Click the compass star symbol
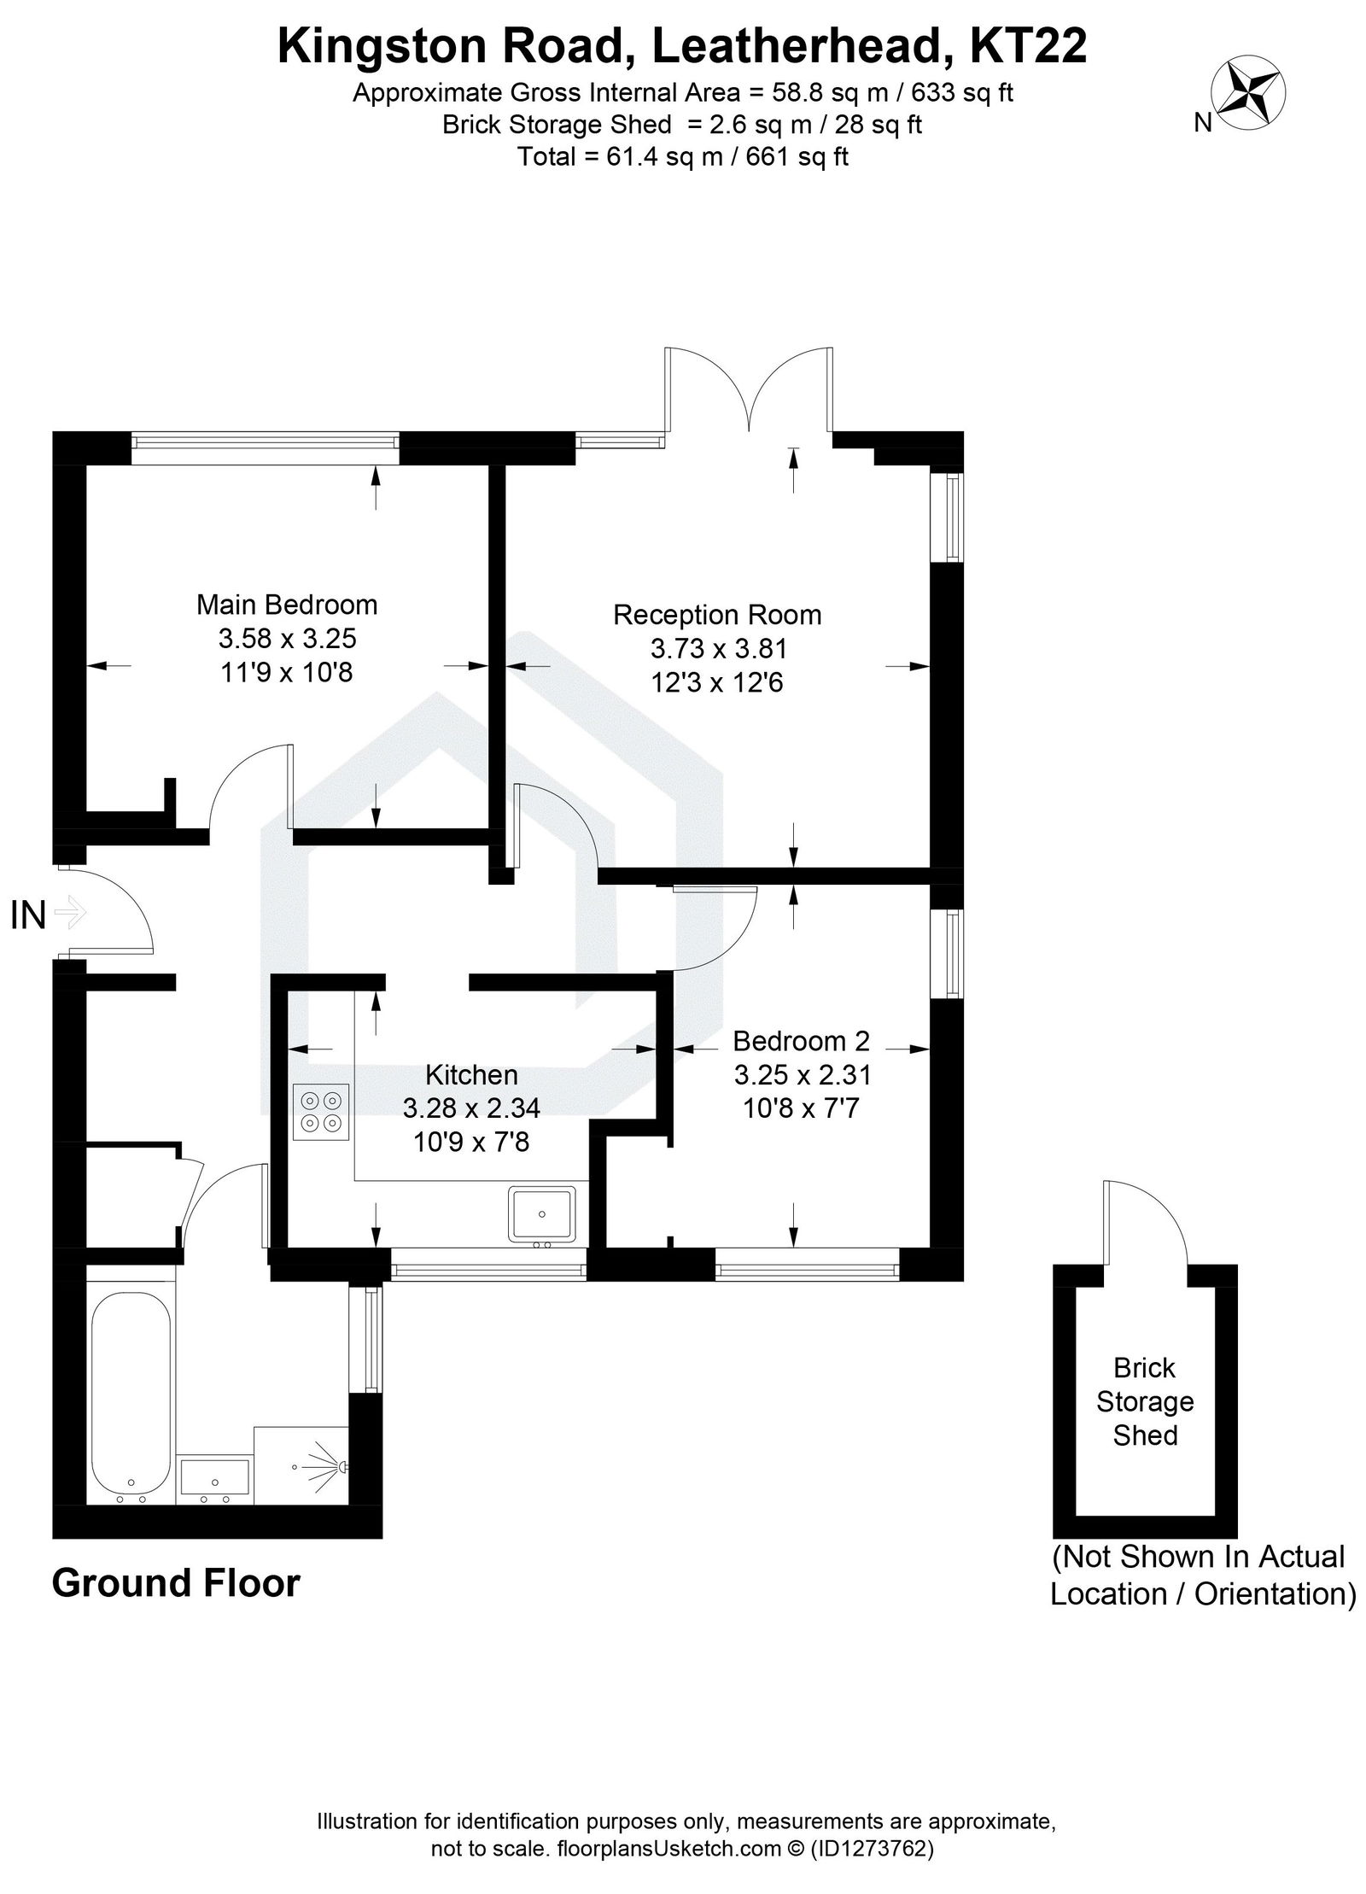[1250, 93]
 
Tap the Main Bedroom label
[287, 605]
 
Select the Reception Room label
[717, 615]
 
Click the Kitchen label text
[471, 1074]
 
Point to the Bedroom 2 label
[801, 1041]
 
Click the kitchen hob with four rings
[321, 1111]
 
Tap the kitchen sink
[542, 1213]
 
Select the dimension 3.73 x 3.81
[718, 649]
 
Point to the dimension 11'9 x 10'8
[287, 672]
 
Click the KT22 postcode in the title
[1028, 47]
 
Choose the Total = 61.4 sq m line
[682, 157]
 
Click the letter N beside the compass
[1202, 124]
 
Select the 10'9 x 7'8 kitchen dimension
[471, 1142]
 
